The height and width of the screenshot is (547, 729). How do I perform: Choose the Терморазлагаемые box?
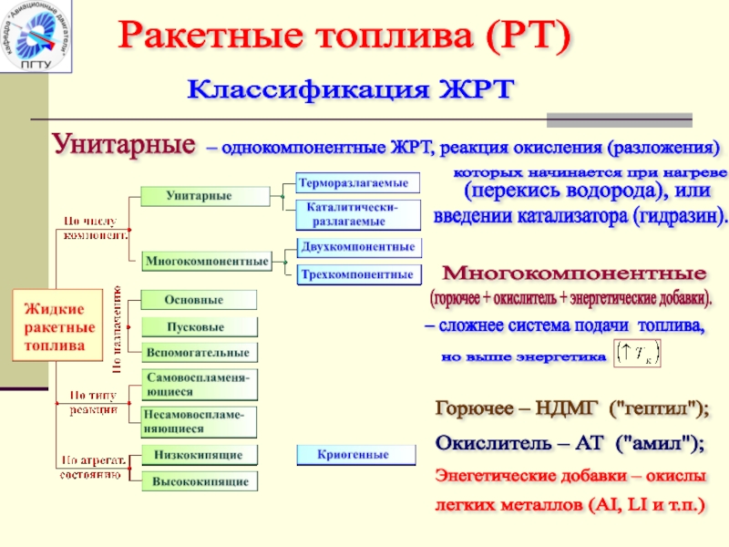[359, 183]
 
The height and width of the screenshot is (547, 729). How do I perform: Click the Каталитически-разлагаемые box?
[359, 215]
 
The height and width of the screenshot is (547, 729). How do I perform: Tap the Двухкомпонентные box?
[359, 248]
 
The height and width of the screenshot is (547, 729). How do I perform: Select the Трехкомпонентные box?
[359, 273]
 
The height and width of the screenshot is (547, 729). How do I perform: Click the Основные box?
[200, 300]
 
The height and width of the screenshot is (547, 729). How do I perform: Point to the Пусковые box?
[200, 326]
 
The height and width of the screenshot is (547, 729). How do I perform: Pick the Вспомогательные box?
[200, 352]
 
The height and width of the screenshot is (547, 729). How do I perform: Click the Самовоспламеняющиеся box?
[200, 384]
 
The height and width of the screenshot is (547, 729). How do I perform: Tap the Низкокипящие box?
[200, 454]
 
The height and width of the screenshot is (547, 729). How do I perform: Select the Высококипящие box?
[200, 480]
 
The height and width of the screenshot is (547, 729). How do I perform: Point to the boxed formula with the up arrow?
[638, 355]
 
